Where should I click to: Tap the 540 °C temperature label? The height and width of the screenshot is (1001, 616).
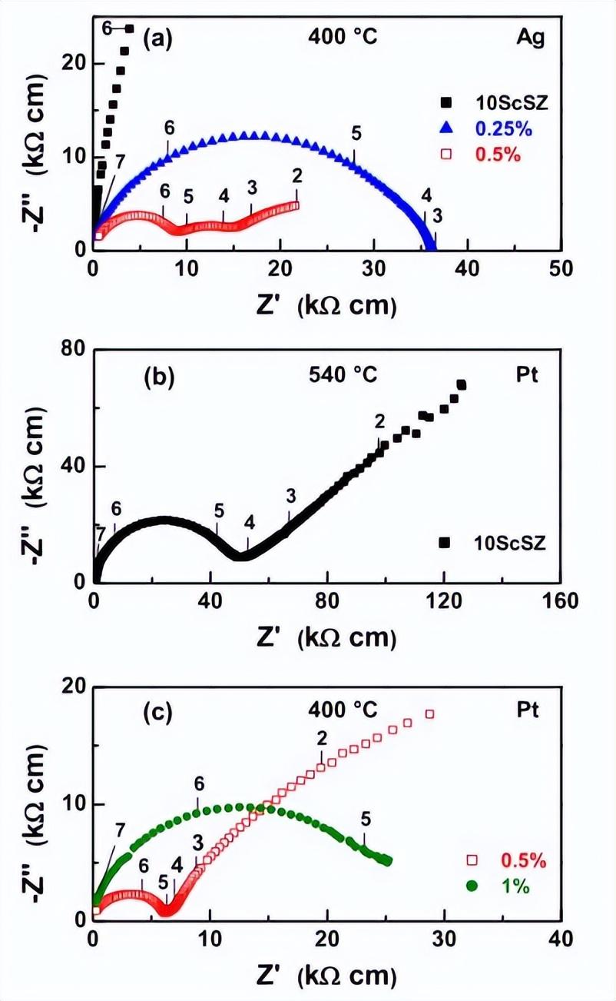click(x=343, y=377)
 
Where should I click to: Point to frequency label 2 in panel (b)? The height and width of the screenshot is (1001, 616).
click(x=379, y=421)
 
